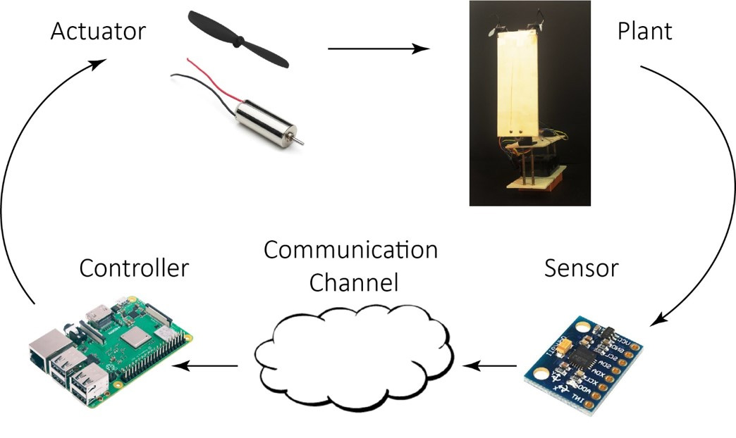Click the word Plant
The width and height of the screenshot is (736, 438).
pos(644,32)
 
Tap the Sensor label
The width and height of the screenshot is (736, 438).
pos(582,268)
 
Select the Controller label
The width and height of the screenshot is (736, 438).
pos(134,268)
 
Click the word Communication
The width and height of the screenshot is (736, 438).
pos(350,250)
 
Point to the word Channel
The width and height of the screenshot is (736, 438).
pos(354,283)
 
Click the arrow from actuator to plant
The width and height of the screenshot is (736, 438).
pos(379,49)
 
